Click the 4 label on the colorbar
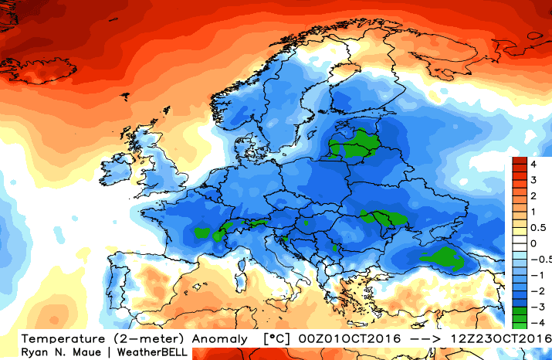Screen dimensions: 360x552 click(x=533, y=164)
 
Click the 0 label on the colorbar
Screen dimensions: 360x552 click(x=533, y=243)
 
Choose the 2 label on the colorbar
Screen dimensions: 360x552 click(x=533, y=195)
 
